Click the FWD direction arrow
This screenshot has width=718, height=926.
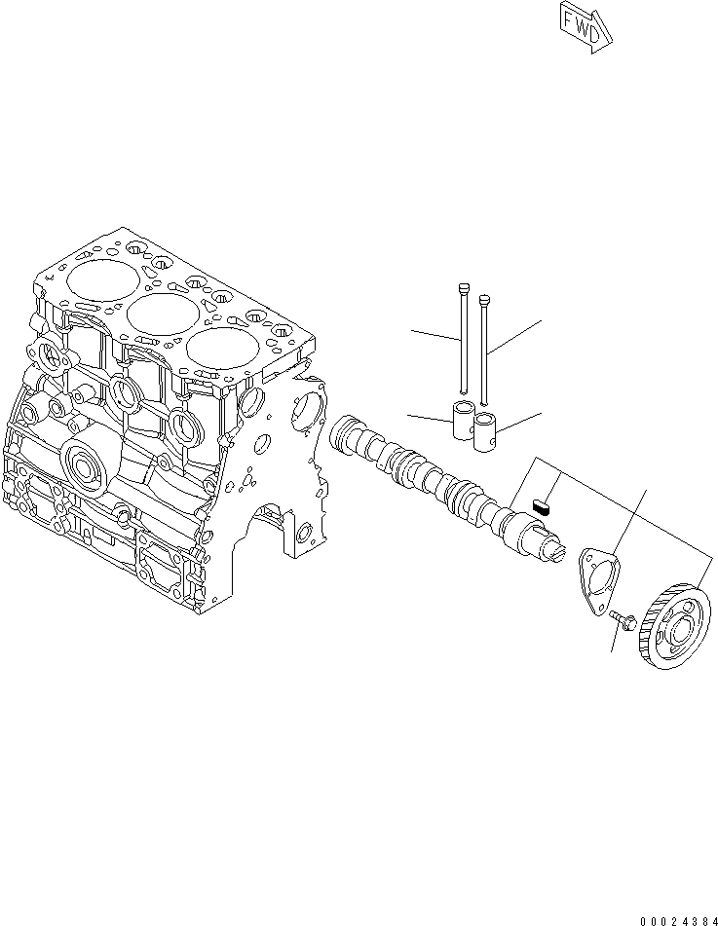coord(585,24)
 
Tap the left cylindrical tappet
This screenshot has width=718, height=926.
coord(464,421)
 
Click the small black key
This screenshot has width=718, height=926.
coord(543,504)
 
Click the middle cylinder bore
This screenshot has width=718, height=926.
coord(157,313)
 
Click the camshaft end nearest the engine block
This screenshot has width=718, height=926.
coord(345,429)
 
